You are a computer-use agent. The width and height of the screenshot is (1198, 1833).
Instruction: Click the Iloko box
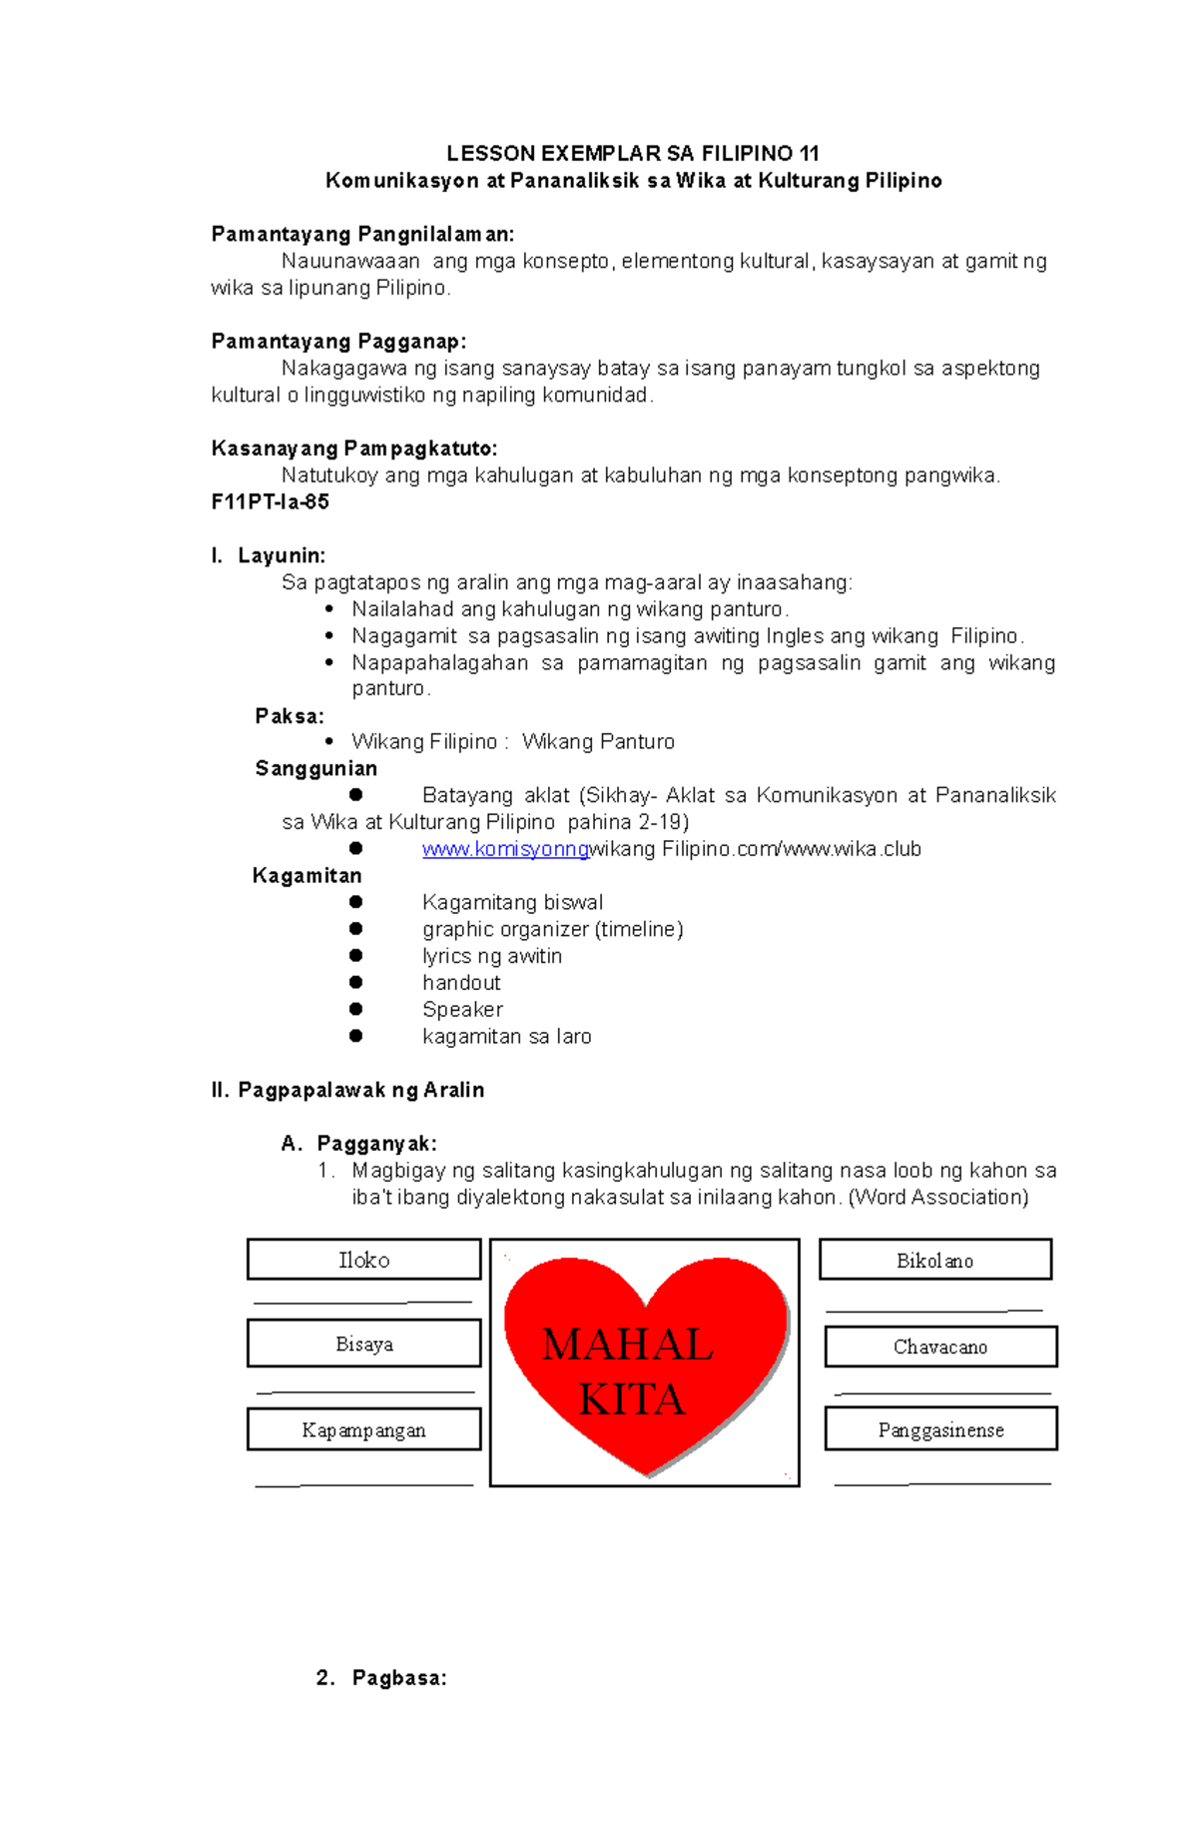[x=363, y=1260]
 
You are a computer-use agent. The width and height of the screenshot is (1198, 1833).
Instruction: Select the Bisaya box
[x=363, y=1344]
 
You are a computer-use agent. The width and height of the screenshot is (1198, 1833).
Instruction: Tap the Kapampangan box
[x=363, y=1429]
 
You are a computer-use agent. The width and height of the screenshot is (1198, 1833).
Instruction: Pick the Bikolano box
[x=934, y=1260]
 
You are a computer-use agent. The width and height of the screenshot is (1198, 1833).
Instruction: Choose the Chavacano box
[x=939, y=1347]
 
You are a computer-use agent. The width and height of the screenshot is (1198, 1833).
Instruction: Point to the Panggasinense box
[x=939, y=1429]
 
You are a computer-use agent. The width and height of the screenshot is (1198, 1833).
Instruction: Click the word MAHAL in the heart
[x=627, y=1345]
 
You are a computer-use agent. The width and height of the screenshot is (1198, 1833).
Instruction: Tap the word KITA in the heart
[x=631, y=1399]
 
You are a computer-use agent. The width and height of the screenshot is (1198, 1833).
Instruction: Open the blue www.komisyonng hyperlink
[x=505, y=849]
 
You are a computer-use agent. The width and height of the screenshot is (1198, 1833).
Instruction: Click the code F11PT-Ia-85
[x=270, y=501]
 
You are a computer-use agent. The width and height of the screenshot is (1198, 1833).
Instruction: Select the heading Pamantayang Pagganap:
[x=338, y=342]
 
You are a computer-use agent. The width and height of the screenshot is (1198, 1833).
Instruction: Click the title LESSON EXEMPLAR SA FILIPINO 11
[x=632, y=153]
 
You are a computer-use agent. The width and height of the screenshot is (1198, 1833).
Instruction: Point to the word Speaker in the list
[x=462, y=1009]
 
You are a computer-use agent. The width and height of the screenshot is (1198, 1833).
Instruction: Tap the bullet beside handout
[x=355, y=983]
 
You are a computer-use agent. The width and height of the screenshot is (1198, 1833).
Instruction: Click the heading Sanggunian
[x=315, y=768]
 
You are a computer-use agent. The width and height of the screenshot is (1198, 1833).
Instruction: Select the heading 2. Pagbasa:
[x=381, y=1677]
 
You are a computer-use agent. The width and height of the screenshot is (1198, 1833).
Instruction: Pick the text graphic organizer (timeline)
[x=552, y=929]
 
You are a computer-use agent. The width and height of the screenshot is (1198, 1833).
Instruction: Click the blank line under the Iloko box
[x=363, y=1302]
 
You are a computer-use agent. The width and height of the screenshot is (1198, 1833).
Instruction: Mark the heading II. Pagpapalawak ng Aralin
[x=347, y=1090]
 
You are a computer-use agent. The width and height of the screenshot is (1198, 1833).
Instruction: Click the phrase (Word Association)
[x=937, y=1197]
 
